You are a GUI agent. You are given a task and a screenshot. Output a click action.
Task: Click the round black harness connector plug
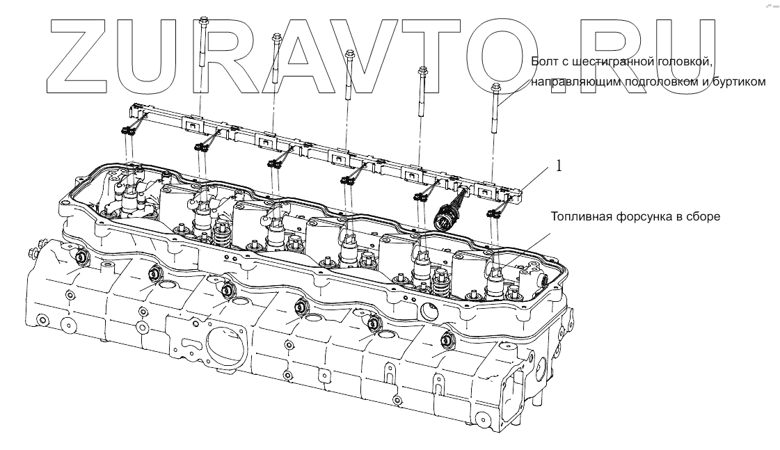[443, 220]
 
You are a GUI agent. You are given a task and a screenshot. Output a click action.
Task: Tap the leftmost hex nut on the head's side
[81, 258]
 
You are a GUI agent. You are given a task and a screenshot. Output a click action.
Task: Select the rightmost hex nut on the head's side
[447, 341]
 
